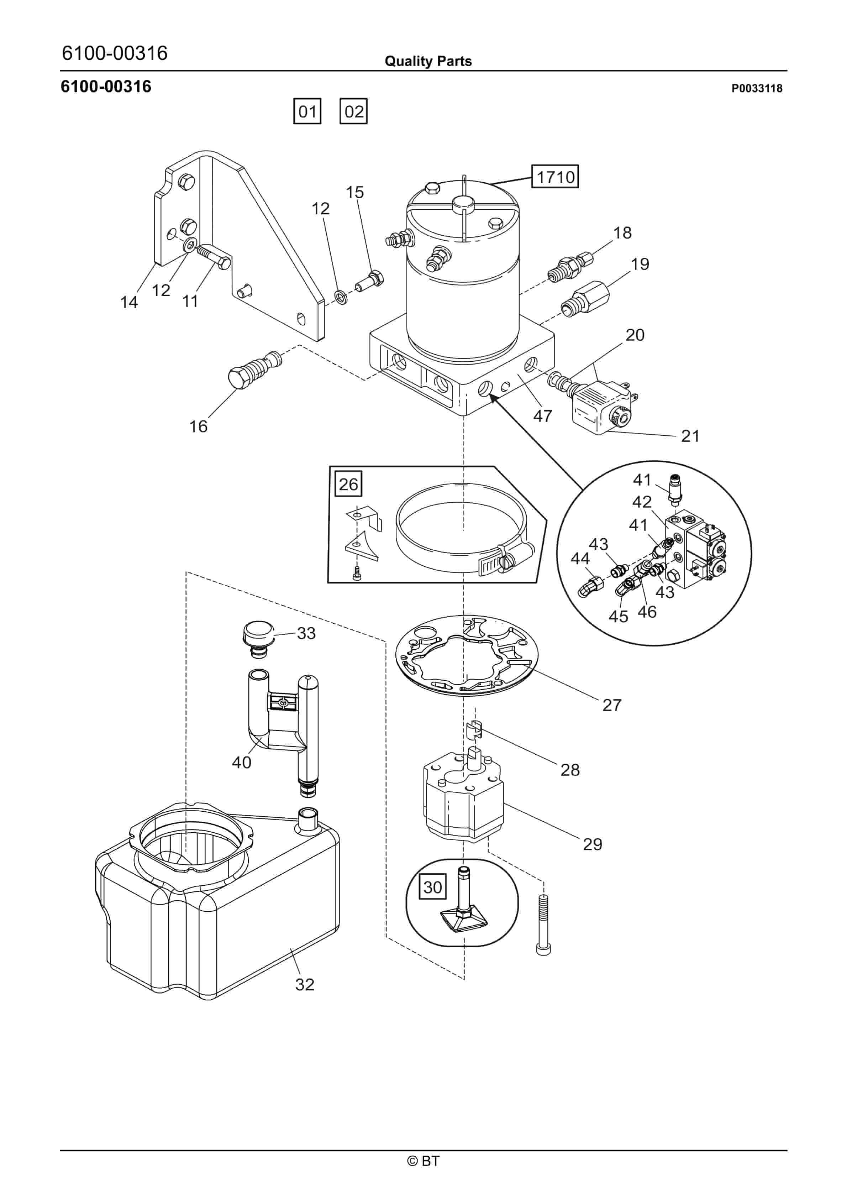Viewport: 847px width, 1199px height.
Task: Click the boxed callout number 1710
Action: (555, 177)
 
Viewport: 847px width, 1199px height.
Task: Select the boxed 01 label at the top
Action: (307, 111)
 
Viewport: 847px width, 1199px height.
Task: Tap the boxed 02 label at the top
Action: (353, 111)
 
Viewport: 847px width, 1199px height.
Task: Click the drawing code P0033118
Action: (757, 88)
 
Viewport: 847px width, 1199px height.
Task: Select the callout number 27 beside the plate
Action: (612, 705)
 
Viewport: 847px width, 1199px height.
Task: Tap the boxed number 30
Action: (433, 887)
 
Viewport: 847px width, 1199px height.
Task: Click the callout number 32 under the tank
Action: (305, 984)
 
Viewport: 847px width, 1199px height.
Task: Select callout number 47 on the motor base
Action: (543, 416)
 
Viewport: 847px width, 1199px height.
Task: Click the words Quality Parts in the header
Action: (428, 61)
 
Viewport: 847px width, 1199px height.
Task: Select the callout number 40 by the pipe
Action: (242, 763)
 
